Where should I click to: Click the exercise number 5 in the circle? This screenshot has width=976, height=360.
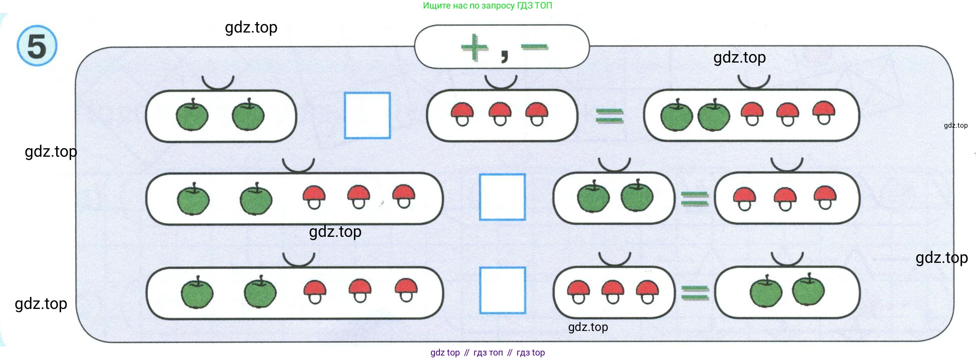37,46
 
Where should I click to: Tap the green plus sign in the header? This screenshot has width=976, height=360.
474,48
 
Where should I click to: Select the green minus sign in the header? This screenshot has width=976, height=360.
534,47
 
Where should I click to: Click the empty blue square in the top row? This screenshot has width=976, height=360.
367,115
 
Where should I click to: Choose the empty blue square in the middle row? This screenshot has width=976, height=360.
502,197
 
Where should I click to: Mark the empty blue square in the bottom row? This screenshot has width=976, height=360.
502,290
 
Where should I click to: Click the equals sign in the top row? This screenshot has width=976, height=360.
610,116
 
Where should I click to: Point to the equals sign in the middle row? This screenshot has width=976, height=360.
694,199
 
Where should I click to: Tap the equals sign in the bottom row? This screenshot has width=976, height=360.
695,292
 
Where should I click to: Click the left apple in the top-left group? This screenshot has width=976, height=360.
192,115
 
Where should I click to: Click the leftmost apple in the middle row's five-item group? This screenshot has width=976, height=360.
193,199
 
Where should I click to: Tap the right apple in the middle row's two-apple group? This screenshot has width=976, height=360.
637,196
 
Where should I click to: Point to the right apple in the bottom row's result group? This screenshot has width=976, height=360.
808,290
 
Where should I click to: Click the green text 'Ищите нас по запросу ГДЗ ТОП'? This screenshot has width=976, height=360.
487,6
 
